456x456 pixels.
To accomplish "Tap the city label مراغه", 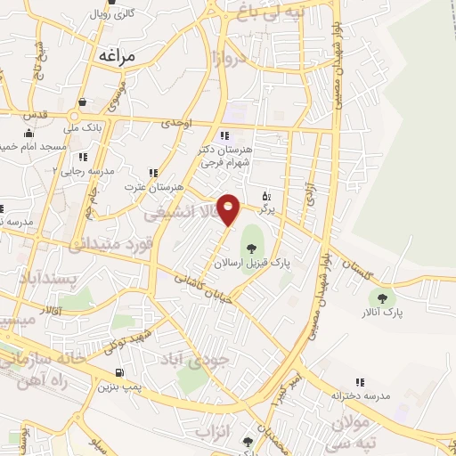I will (x=116, y=56).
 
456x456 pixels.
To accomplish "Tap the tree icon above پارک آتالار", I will (x=384, y=298).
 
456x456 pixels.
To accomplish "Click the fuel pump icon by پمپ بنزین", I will (x=119, y=372).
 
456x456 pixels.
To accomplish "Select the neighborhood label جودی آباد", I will (x=205, y=360).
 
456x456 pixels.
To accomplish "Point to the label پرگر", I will (x=266, y=208).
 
